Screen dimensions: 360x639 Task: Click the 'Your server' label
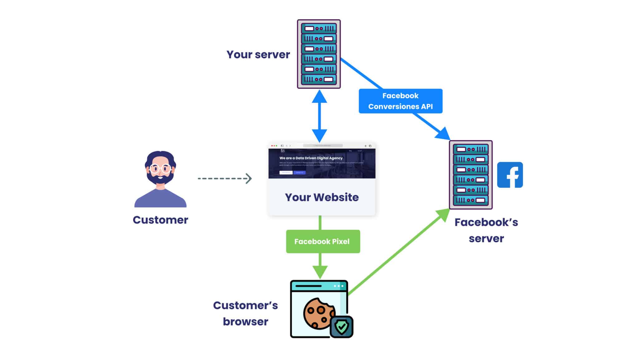258,54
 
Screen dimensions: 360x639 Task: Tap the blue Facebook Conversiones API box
400,101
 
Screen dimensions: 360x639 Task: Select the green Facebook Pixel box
323,241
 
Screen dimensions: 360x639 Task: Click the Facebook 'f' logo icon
510,175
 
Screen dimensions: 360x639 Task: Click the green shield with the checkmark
341,327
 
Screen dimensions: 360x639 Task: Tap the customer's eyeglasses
160,169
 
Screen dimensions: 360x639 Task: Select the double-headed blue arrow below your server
319,116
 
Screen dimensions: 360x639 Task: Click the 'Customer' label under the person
160,220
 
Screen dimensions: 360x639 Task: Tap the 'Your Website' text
322,197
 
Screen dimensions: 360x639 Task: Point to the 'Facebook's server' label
486,230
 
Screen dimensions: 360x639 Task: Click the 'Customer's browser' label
245,313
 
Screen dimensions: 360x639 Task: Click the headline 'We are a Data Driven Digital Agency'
311,158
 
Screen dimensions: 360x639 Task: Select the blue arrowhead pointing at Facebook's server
443,134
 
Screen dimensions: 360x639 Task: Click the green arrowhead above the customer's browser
320,271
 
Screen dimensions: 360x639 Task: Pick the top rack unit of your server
319,28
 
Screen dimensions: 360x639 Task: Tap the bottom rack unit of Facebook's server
471,200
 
